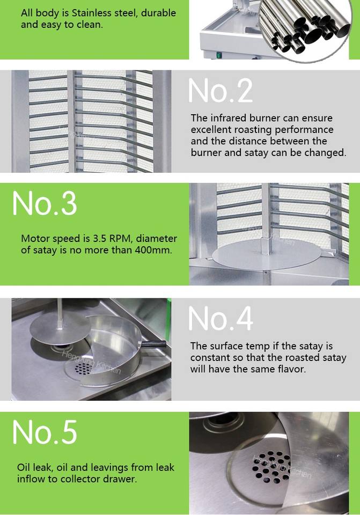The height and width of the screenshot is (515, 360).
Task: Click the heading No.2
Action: click(x=221, y=91)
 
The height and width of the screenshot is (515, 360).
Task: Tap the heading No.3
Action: click(x=45, y=203)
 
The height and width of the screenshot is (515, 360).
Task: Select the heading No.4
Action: click(x=221, y=318)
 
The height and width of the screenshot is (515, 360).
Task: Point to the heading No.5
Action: click(x=45, y=432)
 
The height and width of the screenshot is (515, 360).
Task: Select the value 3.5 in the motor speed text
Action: click(x=100, y=238)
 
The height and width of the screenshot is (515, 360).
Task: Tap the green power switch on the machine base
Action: click(x=219, y=55)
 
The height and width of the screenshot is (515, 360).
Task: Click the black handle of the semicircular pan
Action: click(x=154, y=344)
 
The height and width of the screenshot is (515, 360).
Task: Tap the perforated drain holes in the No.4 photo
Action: click(x=83, y=369)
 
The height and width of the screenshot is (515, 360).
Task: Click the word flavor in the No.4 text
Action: click(x=292, y=369)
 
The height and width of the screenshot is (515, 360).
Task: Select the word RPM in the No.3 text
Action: click(x=120, y=238)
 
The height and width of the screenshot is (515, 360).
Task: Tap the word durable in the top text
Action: click(x=158, y=13)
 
